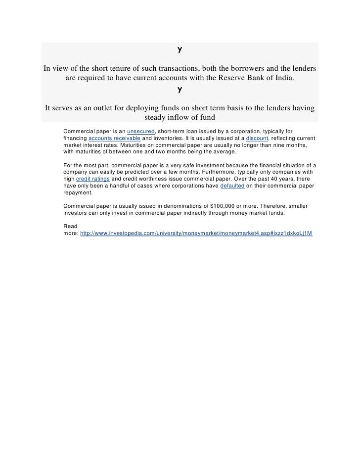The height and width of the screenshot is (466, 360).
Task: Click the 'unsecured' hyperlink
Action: (142, 130)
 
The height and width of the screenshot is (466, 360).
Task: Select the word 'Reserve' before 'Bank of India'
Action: (231, 79)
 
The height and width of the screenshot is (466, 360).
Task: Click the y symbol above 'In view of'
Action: (180, 51)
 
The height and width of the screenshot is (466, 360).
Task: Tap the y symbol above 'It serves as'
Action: (180, 91)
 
